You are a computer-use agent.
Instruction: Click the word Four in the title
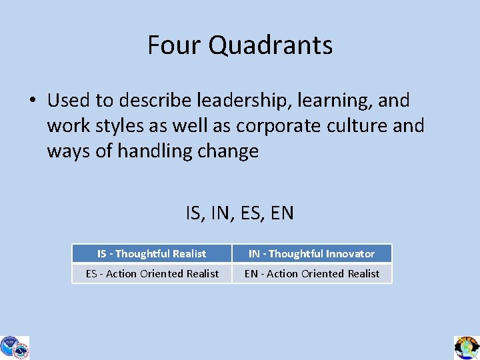coord(175,45)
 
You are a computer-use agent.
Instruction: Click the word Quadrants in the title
coord(271,45)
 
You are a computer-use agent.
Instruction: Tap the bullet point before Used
coord(33,101)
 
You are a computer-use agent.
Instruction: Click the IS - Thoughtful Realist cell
coord(152,253)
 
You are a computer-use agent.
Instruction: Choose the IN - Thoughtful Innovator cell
coord(312,253)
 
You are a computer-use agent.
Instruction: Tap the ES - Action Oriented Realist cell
coord(152,273)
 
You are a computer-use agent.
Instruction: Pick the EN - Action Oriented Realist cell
coord(312,273)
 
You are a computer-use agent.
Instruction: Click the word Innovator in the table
coord(350,253)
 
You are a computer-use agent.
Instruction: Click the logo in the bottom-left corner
coord(14,347)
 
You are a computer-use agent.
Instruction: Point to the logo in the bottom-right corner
coord(467,347)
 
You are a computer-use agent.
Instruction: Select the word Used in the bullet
coord(69,101)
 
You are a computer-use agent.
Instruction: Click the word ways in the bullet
coord(69,151)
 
